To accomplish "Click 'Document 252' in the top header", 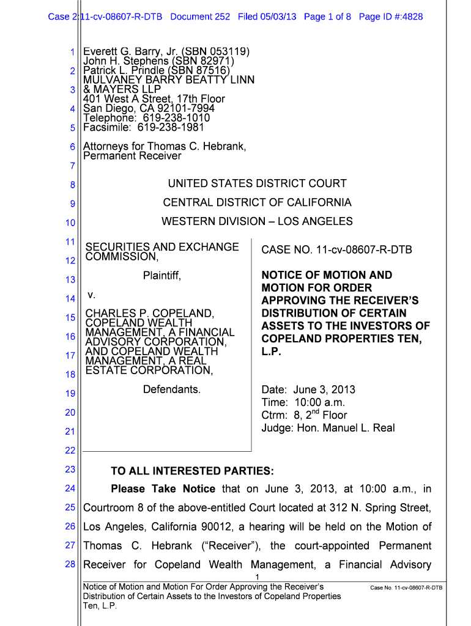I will coord(200,17).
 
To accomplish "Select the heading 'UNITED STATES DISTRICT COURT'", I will coord(257,183).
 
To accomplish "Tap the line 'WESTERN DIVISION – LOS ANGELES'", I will coord(257,221).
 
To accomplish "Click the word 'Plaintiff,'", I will coord(162,276).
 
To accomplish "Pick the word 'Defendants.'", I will coord(171,389).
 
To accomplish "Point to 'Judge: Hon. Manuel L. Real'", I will coord(328,428).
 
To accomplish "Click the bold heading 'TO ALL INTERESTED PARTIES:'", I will coord(192,471).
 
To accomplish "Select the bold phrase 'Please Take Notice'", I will coord(163,488).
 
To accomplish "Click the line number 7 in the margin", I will coord(72,166).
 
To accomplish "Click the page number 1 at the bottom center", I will coord(258,578).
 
